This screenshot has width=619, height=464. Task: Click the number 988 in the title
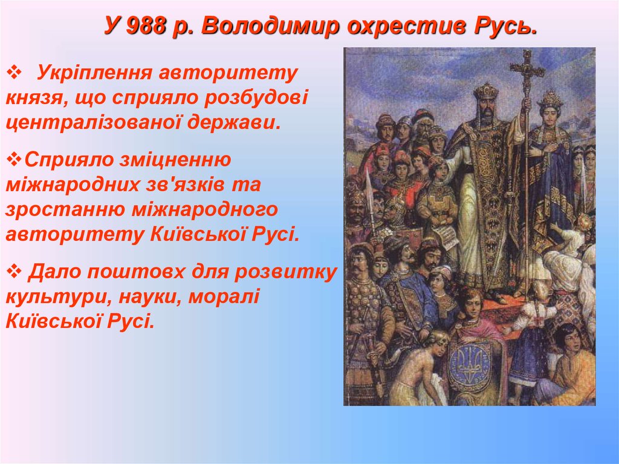click(x=146, y=26)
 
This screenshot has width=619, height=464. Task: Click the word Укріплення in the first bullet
click(x=94, y=74)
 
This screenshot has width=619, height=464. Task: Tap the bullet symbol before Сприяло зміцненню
click(x=15, y=160)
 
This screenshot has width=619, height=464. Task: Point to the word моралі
click(x=224, y=297)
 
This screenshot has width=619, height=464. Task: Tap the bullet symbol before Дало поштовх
click(x=15, y=272)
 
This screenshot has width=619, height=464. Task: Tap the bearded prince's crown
click(x=486, y=91)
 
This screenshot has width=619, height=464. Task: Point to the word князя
click(x=34, y=99)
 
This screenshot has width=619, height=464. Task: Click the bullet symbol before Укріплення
click(x=15, y=73)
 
